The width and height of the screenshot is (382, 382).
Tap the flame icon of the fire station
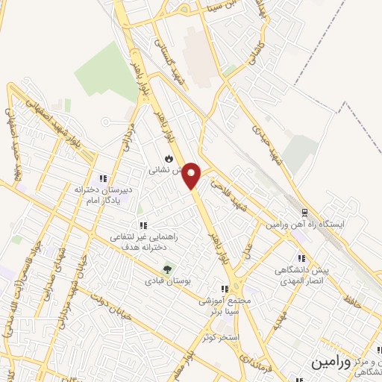click(169, 158)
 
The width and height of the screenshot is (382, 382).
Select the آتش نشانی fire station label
click(167, 171)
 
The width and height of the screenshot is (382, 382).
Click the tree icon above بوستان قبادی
click(166, 270)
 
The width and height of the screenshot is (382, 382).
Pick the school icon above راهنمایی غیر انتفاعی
click(142, 225)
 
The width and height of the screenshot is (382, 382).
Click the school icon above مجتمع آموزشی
click(224, 289)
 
